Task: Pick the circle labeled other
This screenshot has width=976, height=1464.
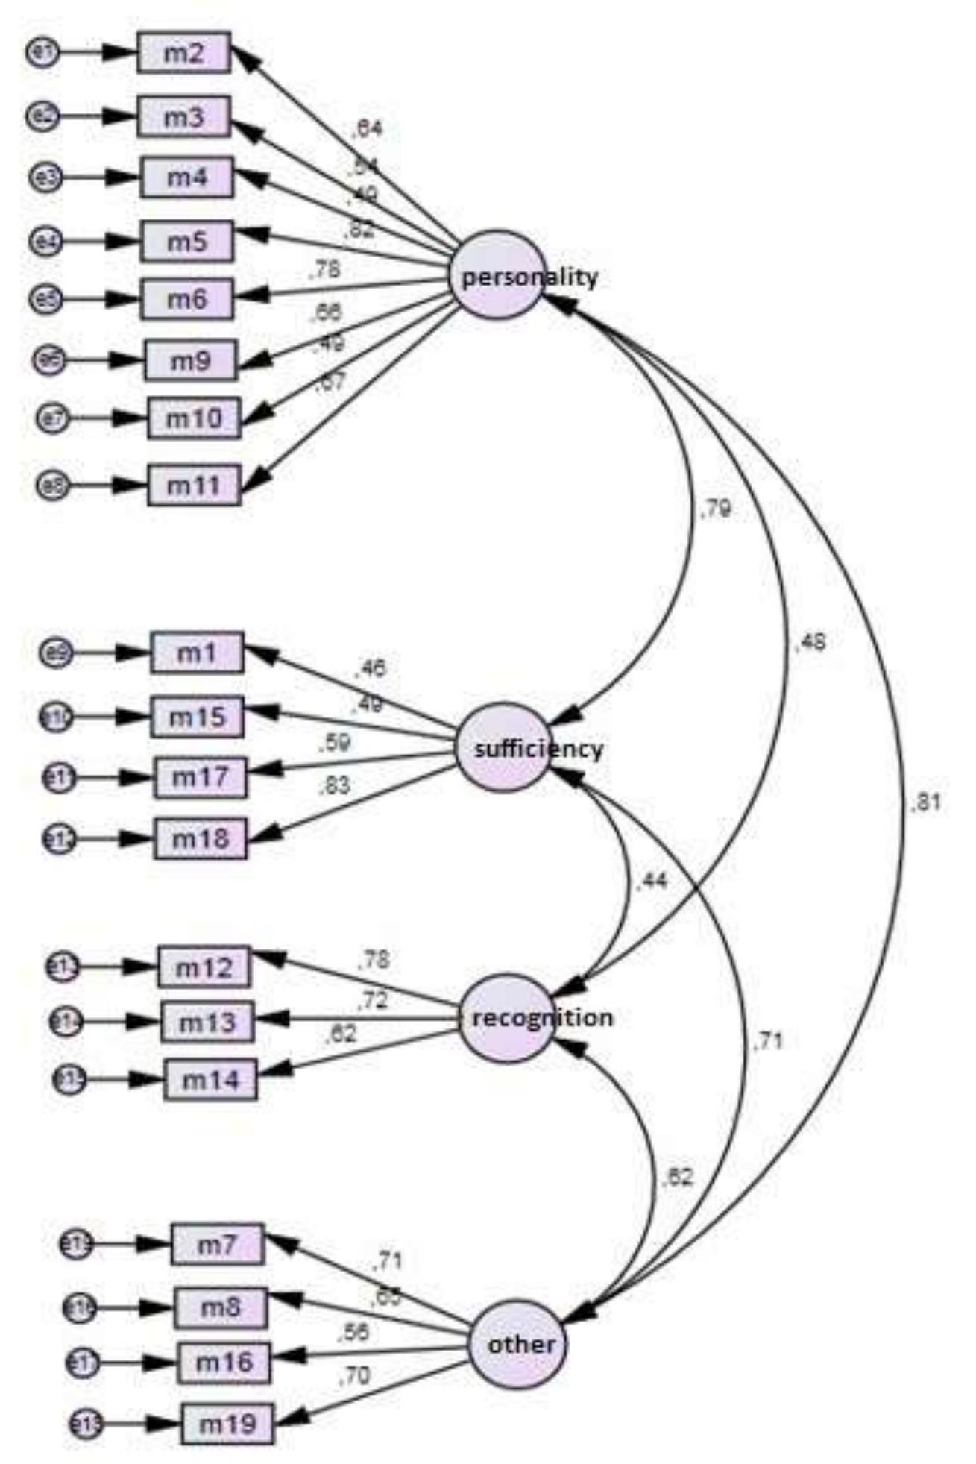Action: click(517, 1345)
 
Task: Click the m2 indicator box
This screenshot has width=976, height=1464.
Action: click(183, 53)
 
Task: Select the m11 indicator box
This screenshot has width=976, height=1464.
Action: click(194, 486)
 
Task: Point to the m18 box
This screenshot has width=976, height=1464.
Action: click(200, 839)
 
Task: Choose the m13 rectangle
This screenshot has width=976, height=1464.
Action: click(207, 1022)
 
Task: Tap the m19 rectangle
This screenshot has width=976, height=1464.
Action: click(228, 1424)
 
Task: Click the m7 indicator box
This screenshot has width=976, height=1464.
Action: click(217, 1244)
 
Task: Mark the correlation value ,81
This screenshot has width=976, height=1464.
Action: click(925, 803)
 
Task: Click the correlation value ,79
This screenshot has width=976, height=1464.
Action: click(715, 509)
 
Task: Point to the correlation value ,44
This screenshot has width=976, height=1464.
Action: click(651, 882)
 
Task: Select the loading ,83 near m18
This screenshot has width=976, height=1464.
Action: click(334, 786)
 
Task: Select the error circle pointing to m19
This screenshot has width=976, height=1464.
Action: click(86, 1424)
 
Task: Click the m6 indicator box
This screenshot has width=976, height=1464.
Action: click(186, 299)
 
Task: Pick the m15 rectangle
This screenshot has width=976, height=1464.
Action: click(197, 717)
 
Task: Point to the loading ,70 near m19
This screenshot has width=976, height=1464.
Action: click(354, 1376)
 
